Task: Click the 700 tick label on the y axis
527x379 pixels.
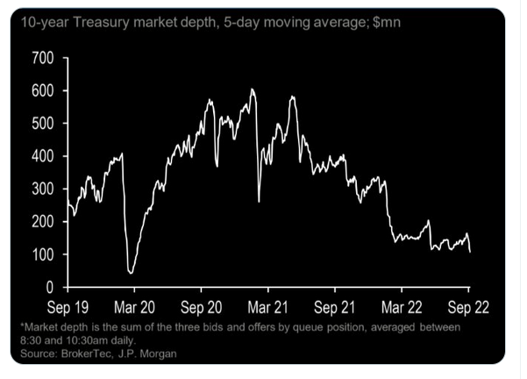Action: tap(43, 58)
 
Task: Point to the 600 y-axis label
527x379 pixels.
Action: tap(43, 90)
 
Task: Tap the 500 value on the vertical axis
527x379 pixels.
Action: tap(43, 124)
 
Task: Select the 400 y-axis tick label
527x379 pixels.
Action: tap(43, 156)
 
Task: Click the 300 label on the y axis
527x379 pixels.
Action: tap(43, 189)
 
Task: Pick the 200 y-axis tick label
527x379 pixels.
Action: tap(43, 222)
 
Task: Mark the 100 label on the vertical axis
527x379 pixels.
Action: tap(43, 254)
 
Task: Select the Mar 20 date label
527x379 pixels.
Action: tap(134, 309)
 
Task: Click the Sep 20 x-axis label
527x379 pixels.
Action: tap(201, 309)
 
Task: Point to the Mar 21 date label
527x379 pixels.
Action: tap(268, 309)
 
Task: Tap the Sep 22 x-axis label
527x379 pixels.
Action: tap(468, 309)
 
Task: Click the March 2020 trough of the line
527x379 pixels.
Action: tap(132, 273)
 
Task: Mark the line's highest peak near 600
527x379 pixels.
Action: tap(253, 89)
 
